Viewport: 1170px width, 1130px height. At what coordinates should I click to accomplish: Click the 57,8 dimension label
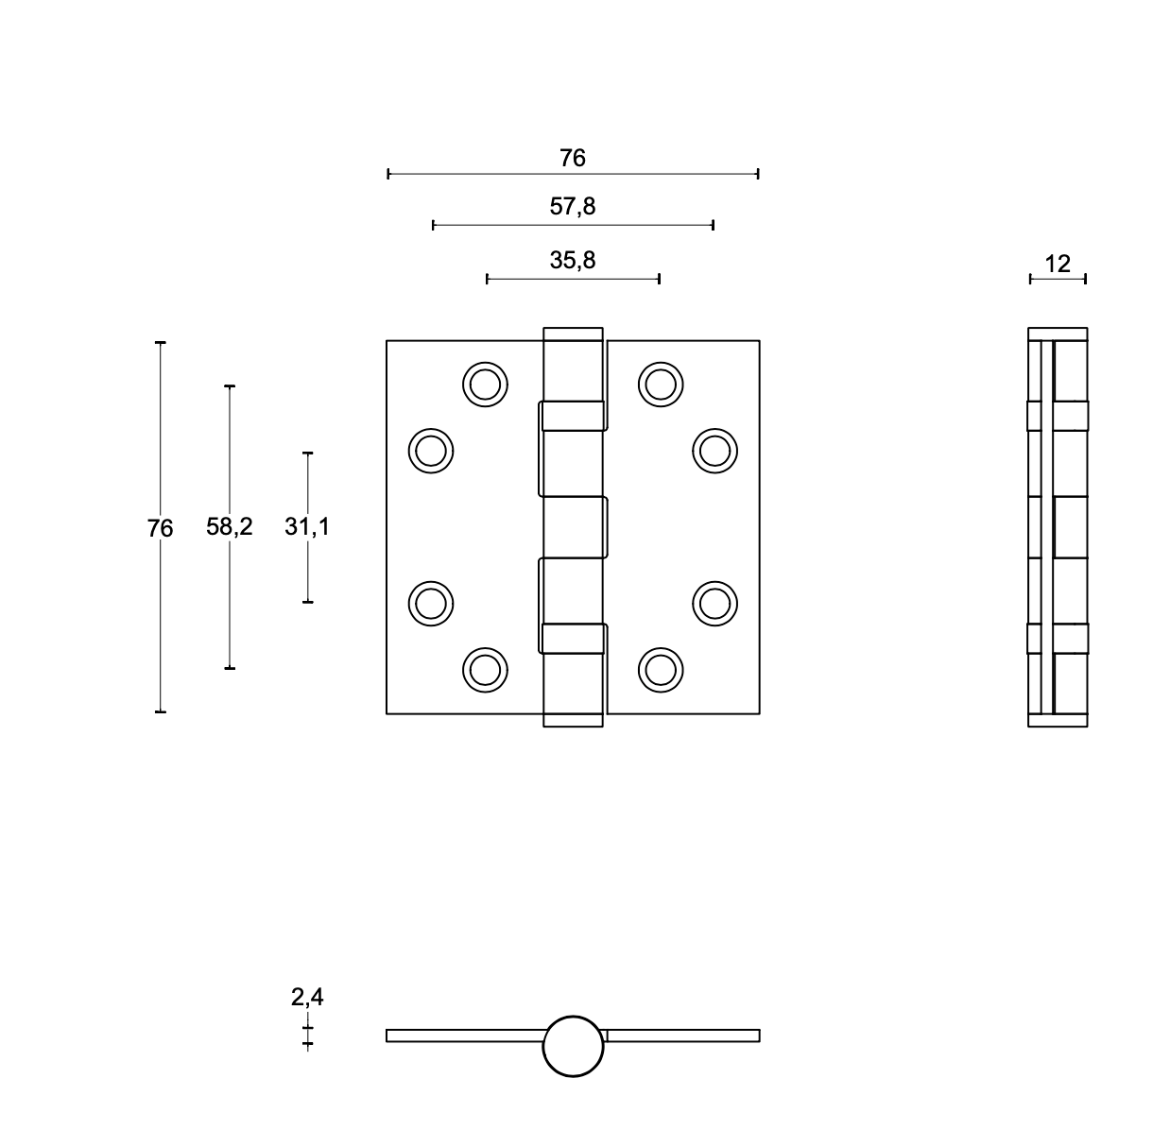[573, 206]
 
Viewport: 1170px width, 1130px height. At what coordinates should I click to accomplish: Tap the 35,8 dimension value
[573, 260]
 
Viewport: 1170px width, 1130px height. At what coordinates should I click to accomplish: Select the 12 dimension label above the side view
[1058, 264]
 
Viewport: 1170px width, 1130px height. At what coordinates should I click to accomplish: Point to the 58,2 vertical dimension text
[229, 526]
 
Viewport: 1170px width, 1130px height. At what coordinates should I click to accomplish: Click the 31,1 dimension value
[307, 526]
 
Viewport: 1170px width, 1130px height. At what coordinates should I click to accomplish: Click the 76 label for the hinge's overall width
[573, 158]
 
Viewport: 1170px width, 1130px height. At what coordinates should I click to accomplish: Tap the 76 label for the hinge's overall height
[160, 528]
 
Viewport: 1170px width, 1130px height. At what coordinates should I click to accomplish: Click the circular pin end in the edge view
[573, 1047]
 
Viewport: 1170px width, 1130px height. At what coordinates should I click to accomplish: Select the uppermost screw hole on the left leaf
[485, 385]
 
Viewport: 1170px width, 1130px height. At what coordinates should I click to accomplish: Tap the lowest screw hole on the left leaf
[485, 670]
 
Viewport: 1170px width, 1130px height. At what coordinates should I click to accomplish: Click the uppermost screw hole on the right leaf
[661, 385]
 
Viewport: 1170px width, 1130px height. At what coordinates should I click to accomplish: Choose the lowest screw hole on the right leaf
[661, 670]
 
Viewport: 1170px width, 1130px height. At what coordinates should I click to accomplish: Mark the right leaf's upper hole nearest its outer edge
[714, 451]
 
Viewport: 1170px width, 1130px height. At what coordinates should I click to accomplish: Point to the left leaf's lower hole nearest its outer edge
[431, 604]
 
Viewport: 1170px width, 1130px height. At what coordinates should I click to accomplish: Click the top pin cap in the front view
[573, 334]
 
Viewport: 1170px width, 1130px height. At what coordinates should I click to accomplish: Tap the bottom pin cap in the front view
[573, 720]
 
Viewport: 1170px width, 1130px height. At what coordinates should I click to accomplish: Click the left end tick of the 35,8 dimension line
[487, 279]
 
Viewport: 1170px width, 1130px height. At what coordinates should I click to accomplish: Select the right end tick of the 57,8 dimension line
[714, 226]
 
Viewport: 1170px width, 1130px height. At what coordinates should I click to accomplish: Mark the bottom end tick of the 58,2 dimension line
[230, 668]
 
